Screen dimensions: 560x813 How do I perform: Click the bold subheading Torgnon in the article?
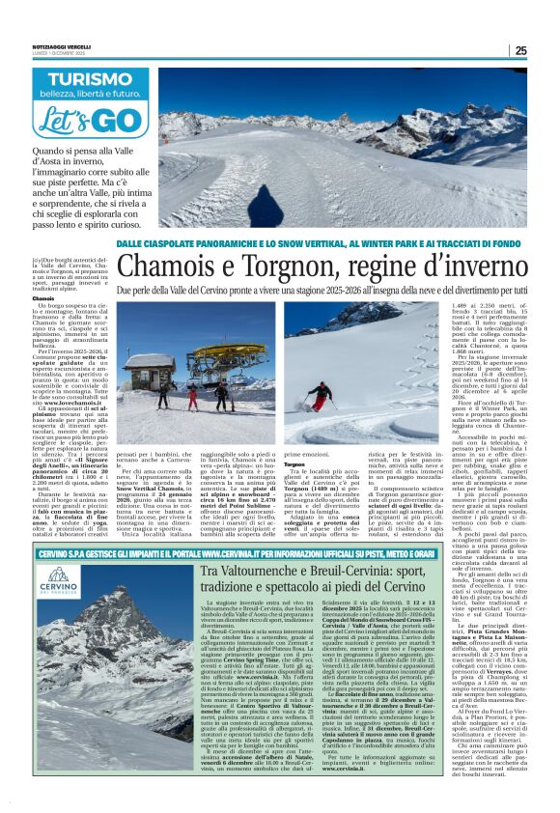[x=294, y=435]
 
